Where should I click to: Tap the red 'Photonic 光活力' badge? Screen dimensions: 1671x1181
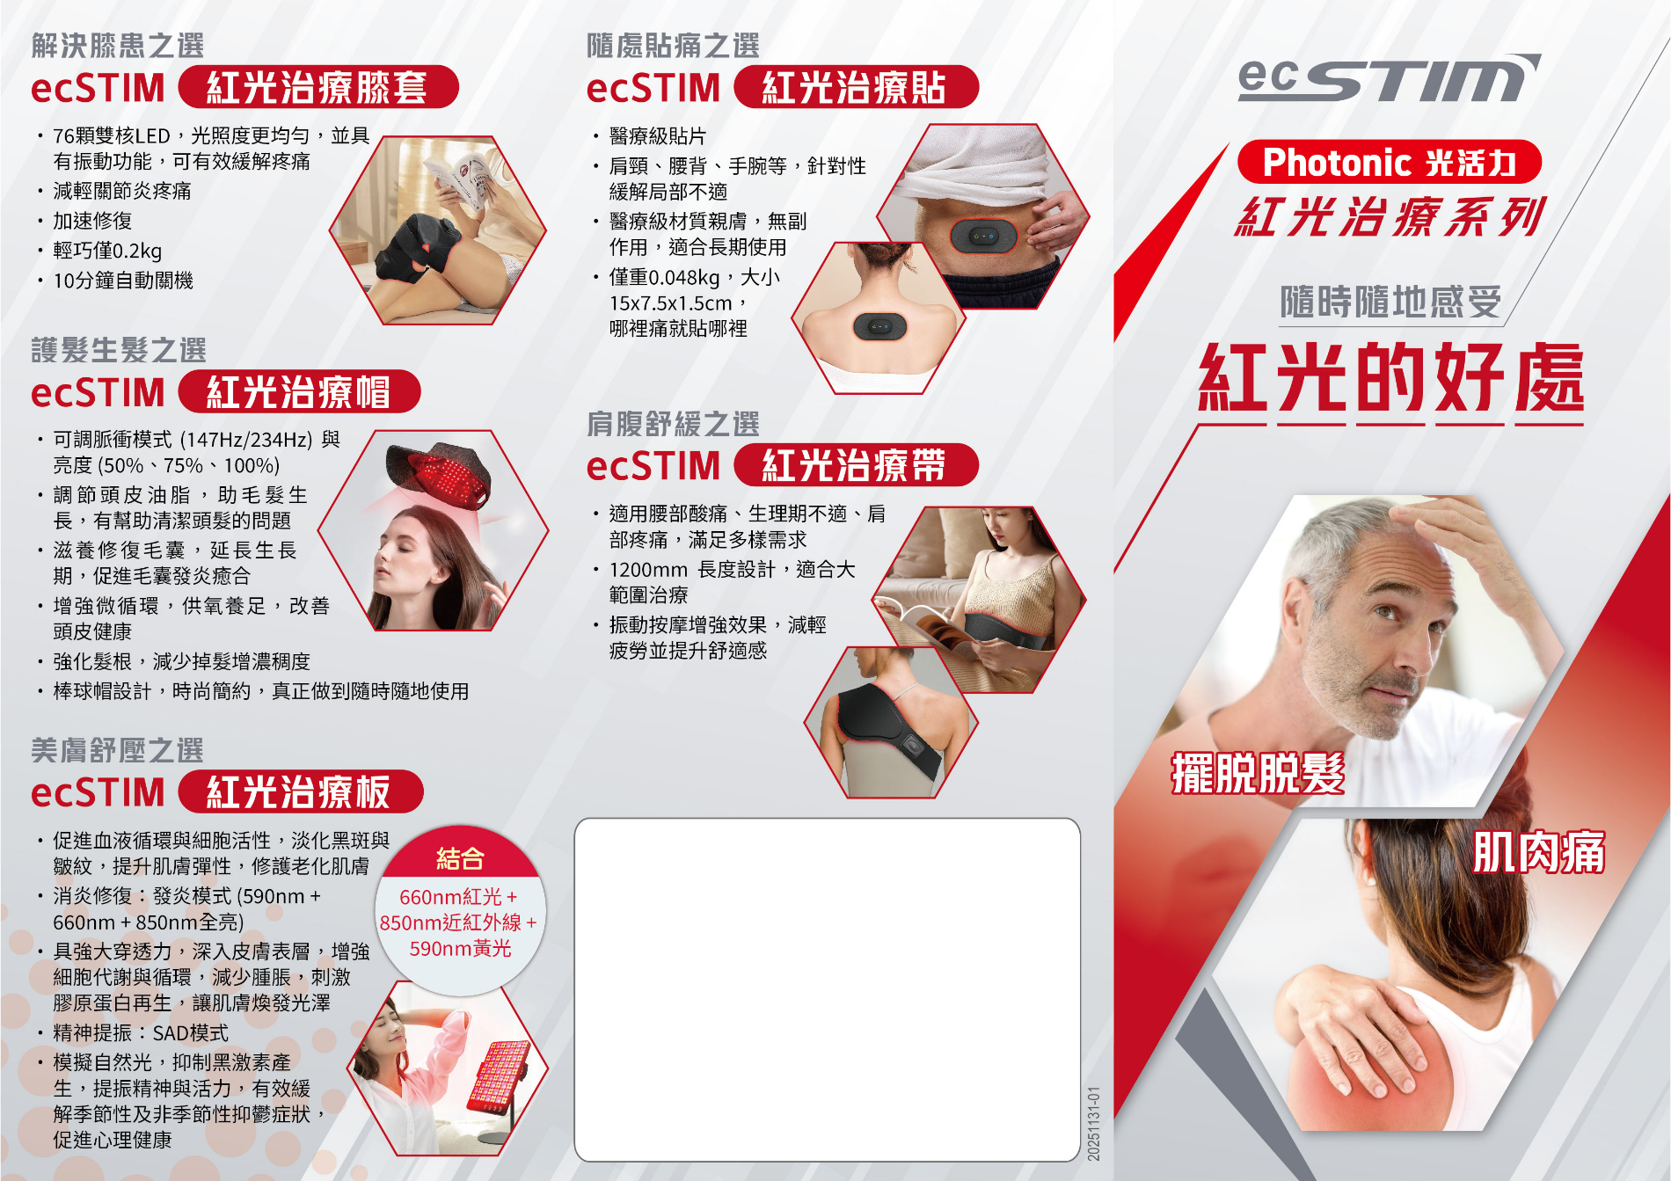coord(1389,162)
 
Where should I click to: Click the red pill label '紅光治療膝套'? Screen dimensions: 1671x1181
coord(317,87)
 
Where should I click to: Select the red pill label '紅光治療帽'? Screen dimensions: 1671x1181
coord(299,391)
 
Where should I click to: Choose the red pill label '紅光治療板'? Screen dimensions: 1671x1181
coord(300,791)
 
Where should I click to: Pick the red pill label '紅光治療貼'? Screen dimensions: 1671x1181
coord(855,87)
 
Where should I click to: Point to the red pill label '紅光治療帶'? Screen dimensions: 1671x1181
coord(855,464)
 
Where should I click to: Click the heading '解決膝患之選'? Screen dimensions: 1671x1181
coord(118,45)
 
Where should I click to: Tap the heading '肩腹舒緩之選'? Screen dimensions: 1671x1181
coord(673,424)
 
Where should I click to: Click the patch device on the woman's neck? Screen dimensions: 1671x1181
coord(879,326)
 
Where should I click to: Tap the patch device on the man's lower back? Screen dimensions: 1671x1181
coord(983,236)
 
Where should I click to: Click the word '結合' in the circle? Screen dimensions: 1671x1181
coord(460,858)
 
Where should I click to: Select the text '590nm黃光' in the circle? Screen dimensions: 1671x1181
coord(460,948)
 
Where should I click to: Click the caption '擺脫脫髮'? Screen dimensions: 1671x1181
coord(1258,774)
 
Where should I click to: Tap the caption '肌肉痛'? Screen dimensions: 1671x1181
coord(1538,852)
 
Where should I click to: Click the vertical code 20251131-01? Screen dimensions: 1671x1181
coord(1093,1123)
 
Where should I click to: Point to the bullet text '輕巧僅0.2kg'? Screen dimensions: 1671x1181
coord(107,251)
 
